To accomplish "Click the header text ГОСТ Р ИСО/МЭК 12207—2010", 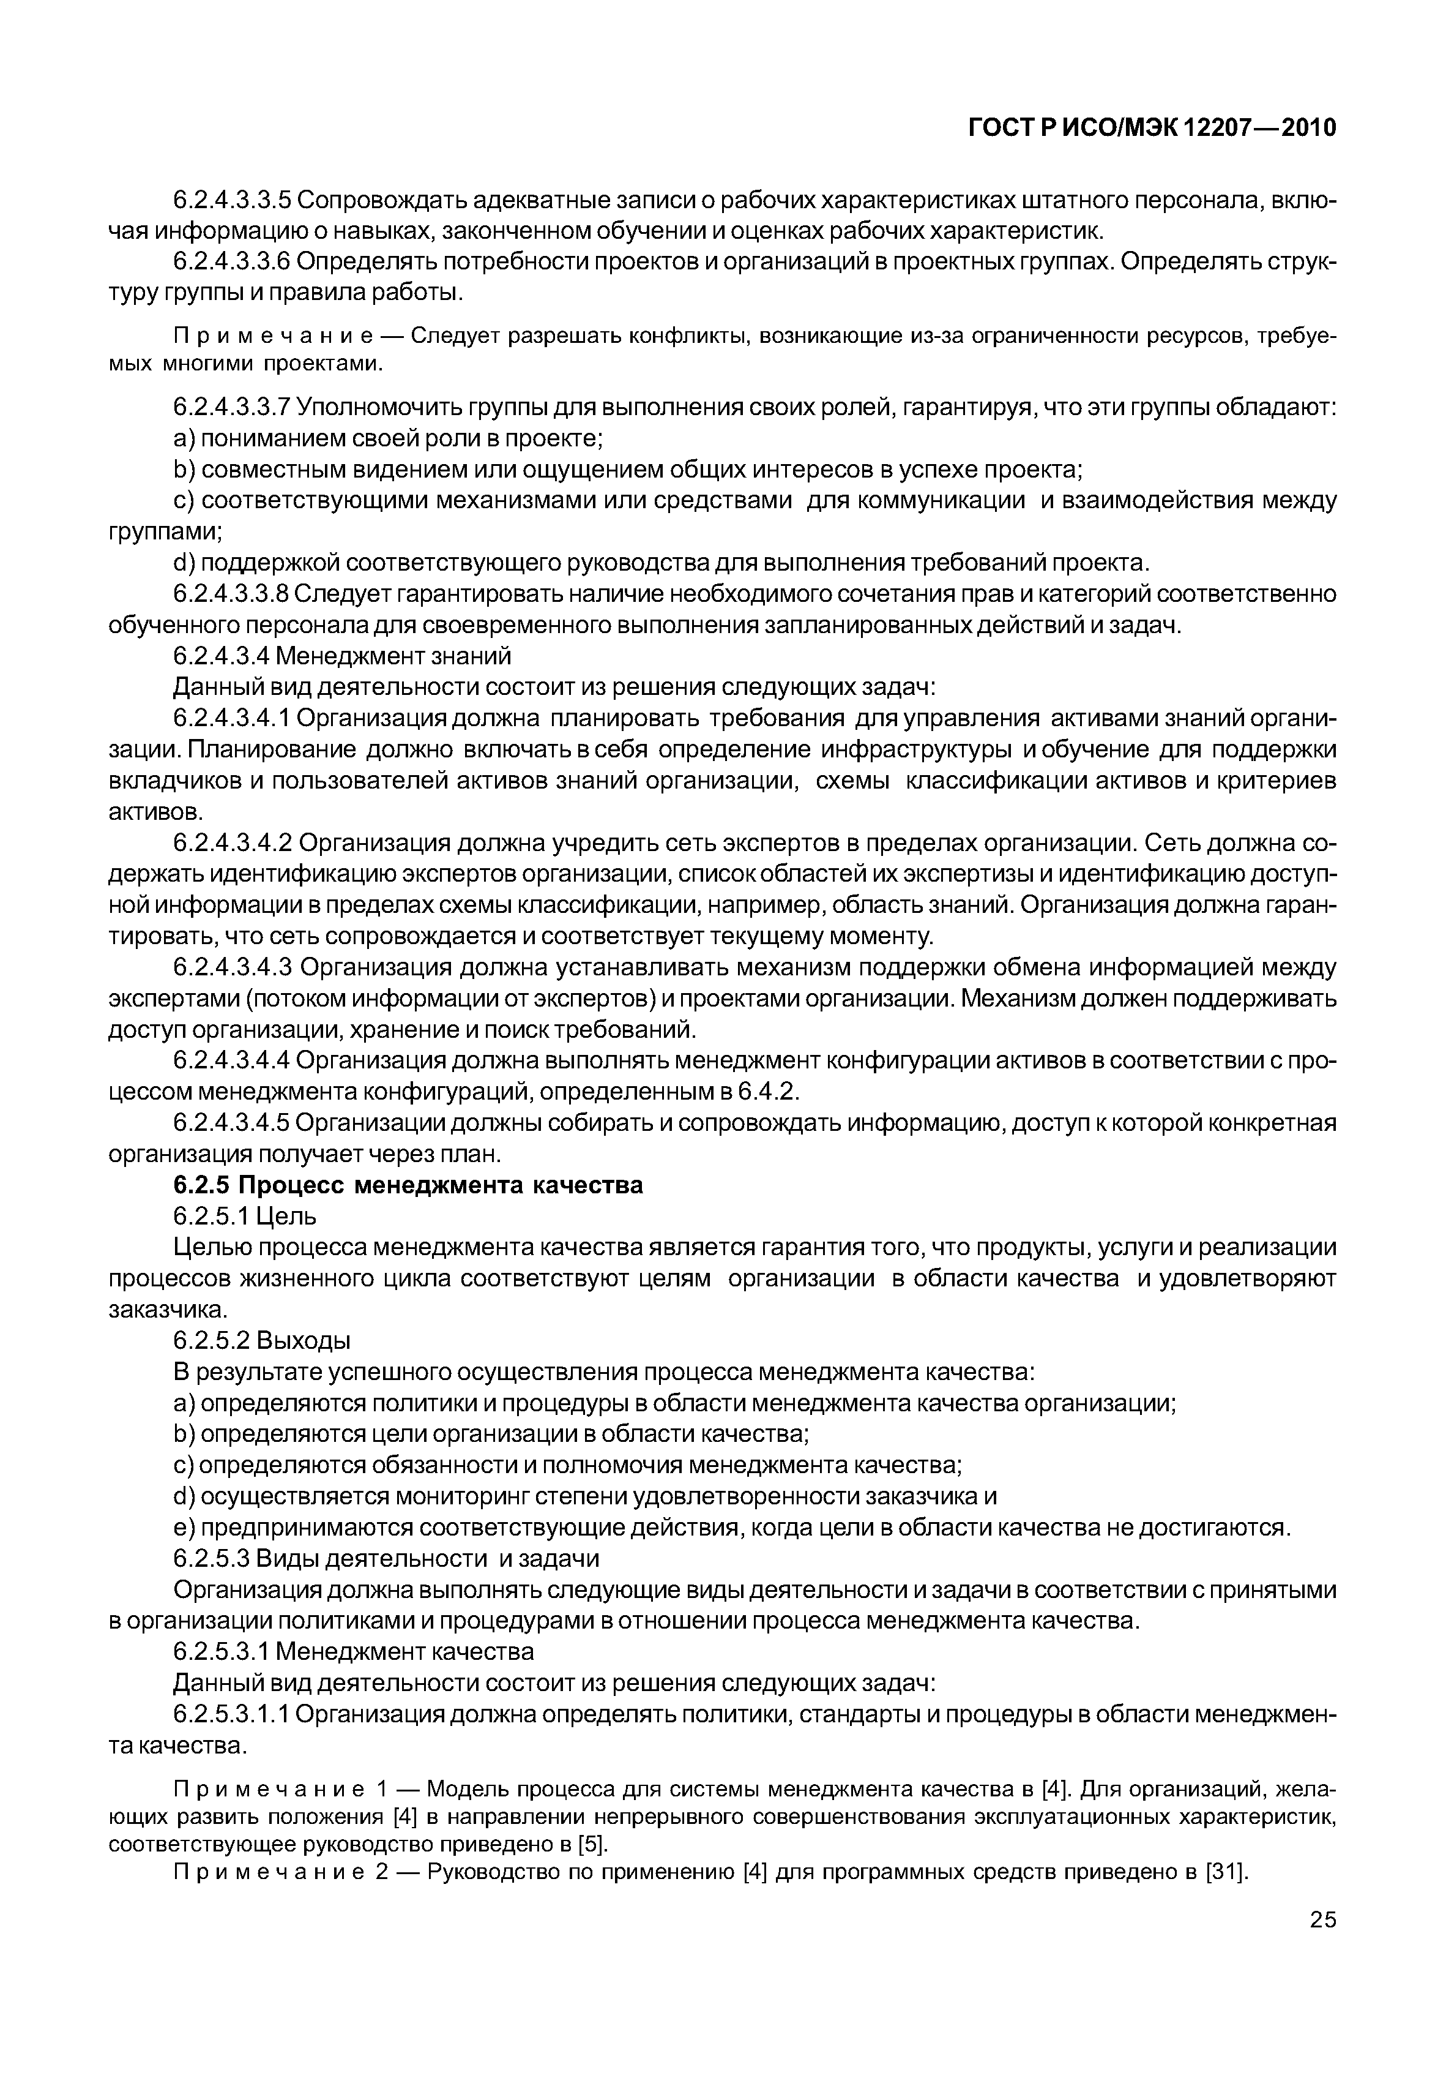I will point(1152,129).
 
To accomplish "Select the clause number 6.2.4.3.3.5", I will point(231,200).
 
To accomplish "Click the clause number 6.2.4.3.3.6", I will point(231,262).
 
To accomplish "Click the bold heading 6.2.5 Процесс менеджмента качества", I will point(408,1185).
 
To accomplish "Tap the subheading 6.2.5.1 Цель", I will point(245,1216).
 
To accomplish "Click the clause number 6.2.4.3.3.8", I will point(231,595).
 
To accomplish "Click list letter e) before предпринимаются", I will point(184,1528).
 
